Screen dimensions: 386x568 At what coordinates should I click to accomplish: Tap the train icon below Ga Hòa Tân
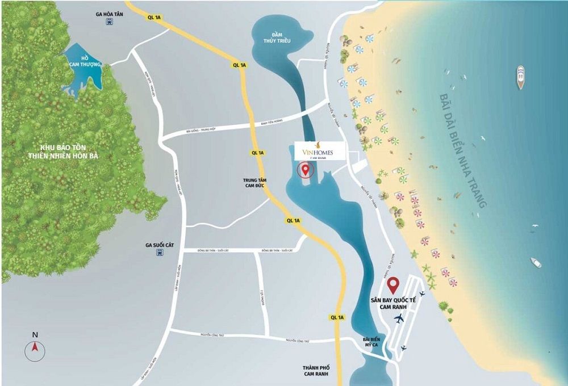(x=109, y=23)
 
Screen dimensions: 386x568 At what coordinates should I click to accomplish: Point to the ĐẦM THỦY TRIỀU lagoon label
(x=273, y=37)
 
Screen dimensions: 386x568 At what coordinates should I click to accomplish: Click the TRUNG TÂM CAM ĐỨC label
(x=259, y=183)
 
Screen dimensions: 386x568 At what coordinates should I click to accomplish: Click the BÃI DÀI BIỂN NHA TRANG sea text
(x=462, y=150)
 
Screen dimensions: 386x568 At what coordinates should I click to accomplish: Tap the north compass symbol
(x=35, y=347)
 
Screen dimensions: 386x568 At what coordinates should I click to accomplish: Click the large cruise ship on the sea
(x=520, y=77)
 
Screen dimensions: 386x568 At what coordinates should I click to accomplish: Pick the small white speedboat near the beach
(x=536, y=262)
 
